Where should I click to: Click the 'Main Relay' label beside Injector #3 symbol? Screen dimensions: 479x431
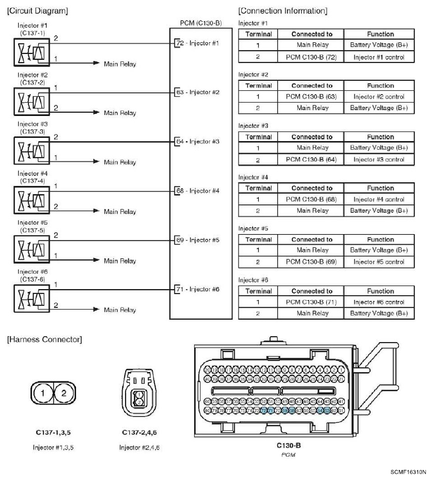point(120,162)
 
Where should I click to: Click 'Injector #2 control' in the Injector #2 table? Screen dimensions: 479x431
point(379,97)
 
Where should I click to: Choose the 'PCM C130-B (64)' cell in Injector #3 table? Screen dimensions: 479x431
point(311,159)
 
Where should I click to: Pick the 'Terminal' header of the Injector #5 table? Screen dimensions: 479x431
point(259,239)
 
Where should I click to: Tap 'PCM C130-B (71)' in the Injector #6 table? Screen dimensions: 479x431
point(311,302)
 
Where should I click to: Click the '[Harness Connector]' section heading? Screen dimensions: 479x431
point(43,339)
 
